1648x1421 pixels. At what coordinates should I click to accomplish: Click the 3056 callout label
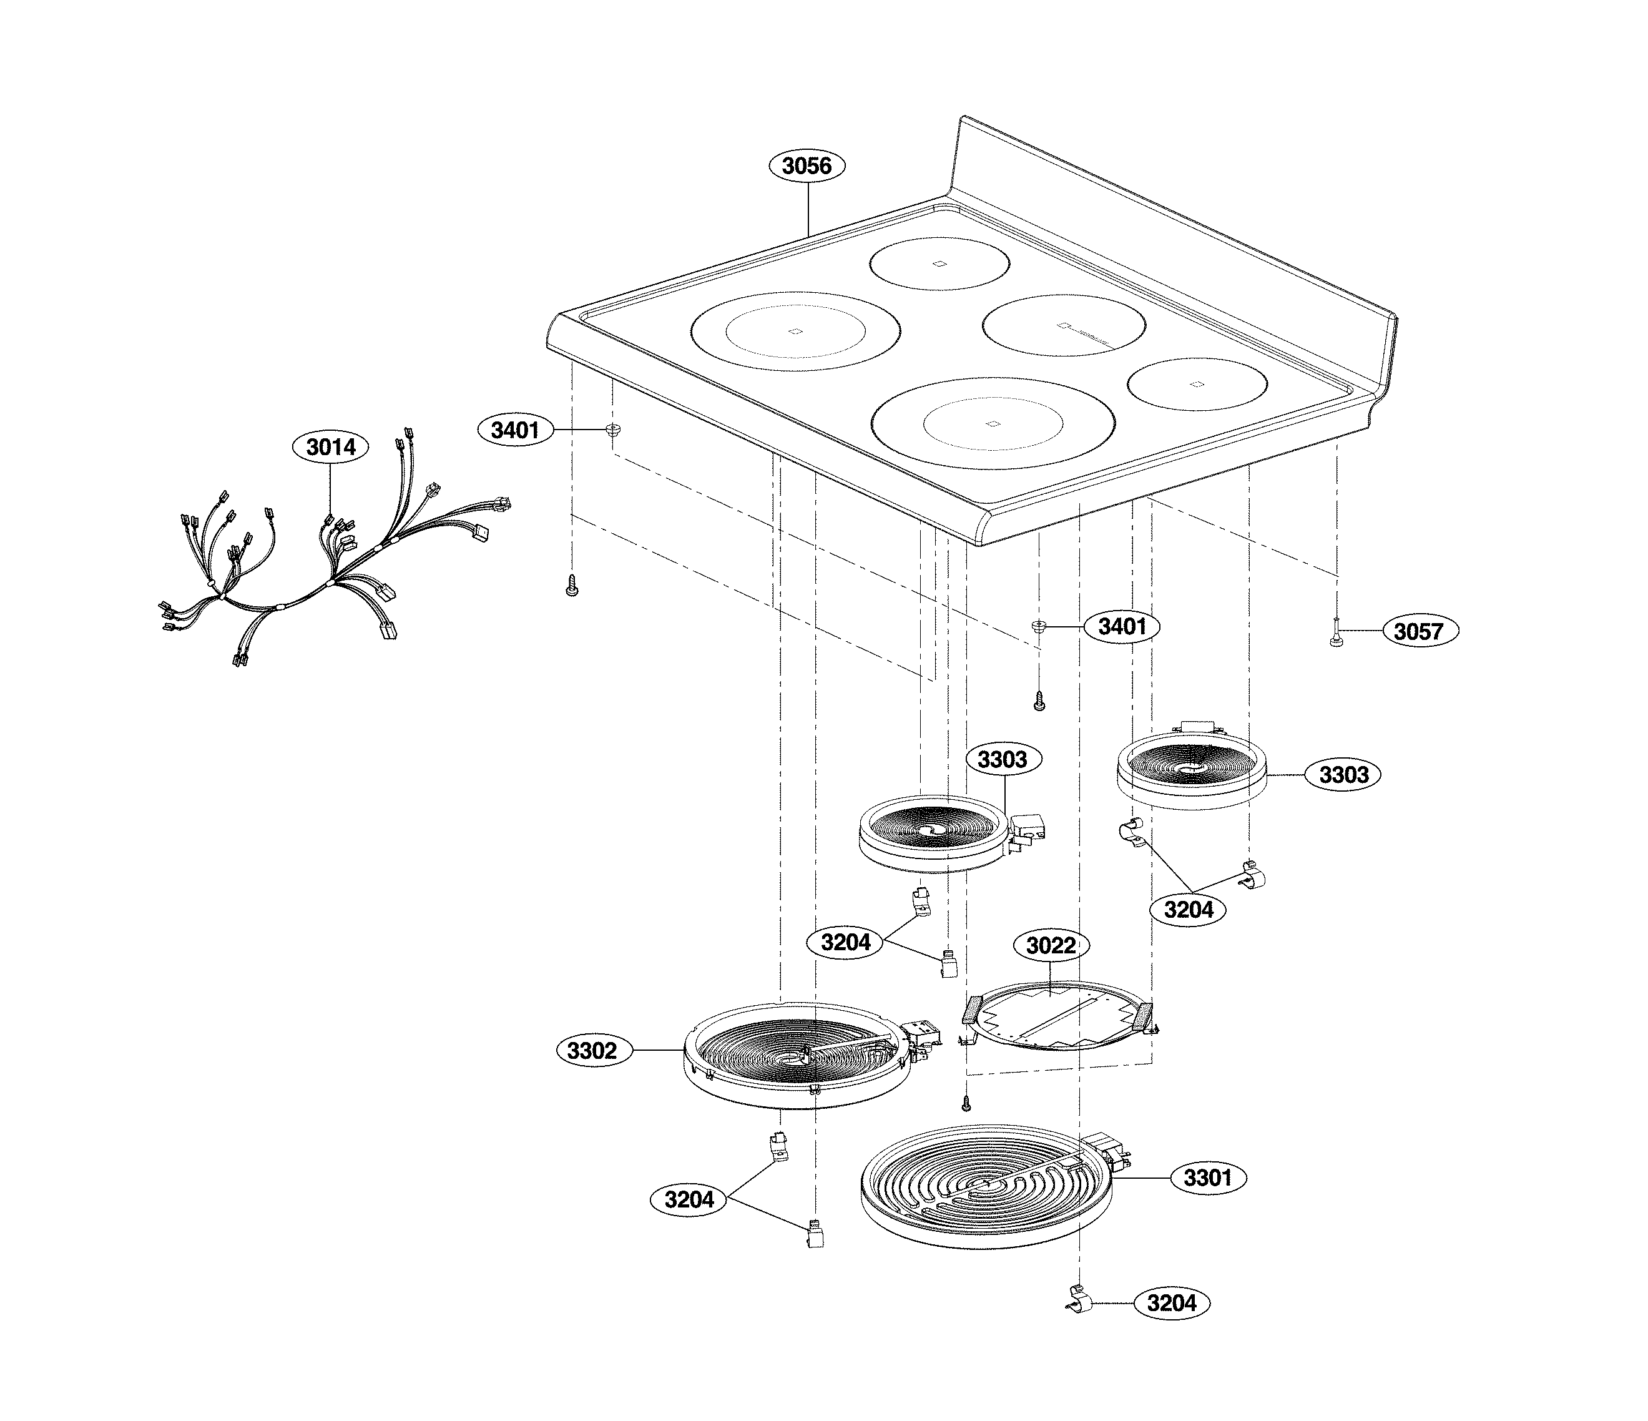(807, 165)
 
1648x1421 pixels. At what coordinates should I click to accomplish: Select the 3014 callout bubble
(331, 447)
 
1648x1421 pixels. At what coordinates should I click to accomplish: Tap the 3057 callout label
(1418, 631)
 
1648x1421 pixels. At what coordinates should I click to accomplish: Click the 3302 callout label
(592, 1051)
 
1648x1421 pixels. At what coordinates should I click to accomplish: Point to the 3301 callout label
(1207, 1178)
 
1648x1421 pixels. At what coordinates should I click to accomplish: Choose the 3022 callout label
(1051, 945)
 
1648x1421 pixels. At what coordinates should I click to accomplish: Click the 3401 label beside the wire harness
(514, 430)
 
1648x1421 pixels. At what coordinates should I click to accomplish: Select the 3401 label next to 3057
(1122, 626)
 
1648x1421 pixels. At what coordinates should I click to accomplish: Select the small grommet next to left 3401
(613, 430)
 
